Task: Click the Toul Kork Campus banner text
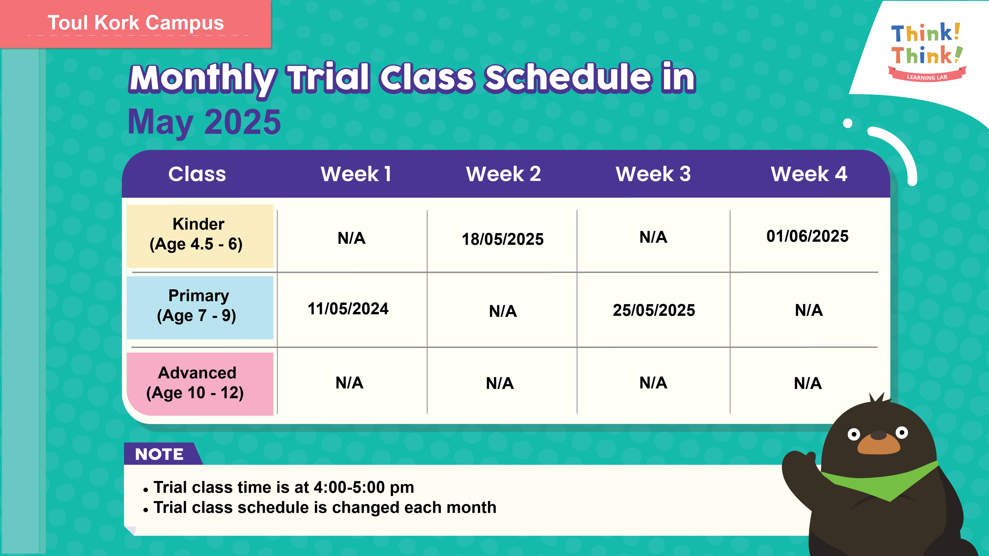(135, 23)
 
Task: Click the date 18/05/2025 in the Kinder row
(503, 239)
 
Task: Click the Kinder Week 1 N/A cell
(351, 238)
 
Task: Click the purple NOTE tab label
(159, 454)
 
